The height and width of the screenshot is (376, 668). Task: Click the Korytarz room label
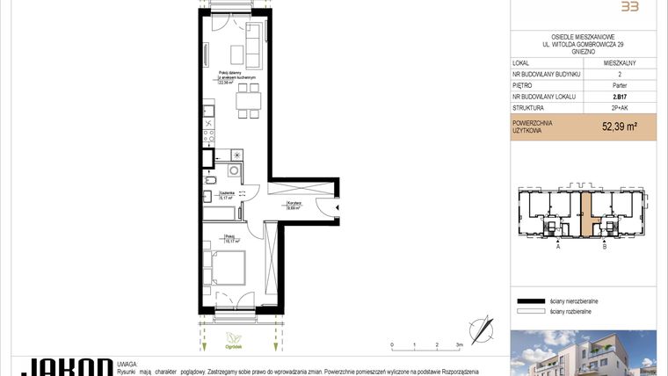point(294,201)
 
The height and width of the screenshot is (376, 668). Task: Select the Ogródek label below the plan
point(233,345)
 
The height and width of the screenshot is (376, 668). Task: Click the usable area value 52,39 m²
point(620,127)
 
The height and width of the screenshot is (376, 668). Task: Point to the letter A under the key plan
point(557,248)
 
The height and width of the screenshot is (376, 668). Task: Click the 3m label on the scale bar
point(459,345)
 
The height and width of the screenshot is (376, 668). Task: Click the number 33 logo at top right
point(629,7)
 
